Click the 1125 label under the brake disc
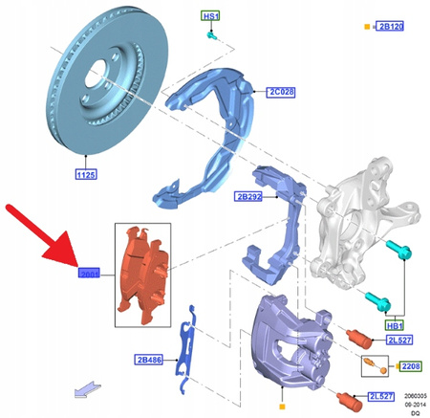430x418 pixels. [x=87, y=175]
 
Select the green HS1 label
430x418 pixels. [x=208, y=17]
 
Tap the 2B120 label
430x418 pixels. [x=389, y=26]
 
